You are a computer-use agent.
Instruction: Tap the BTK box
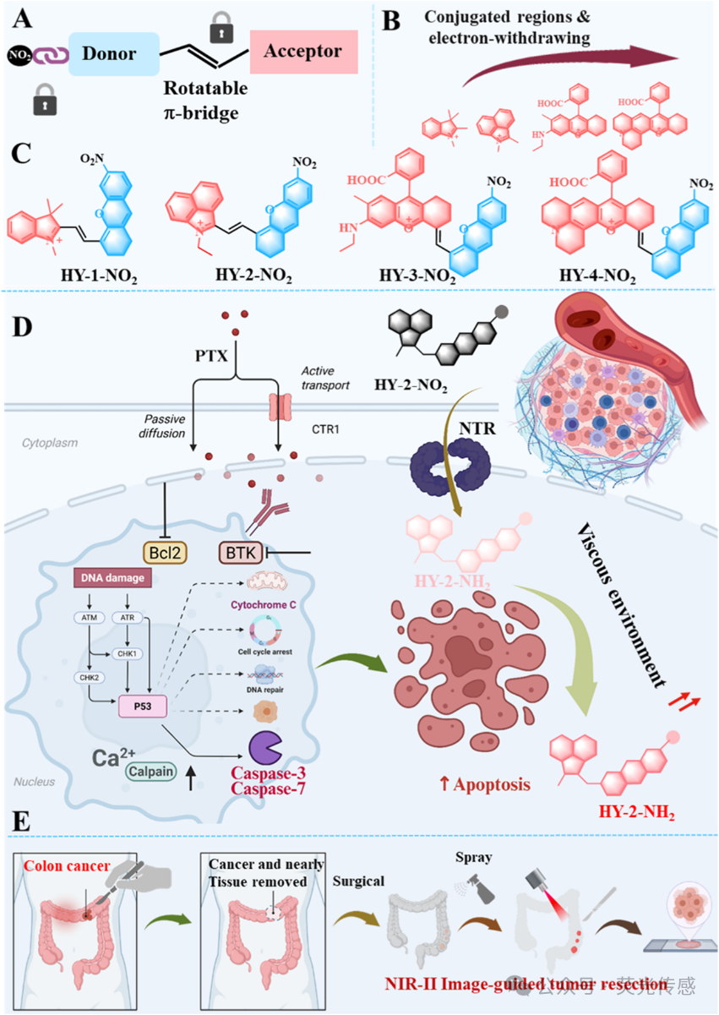coord(240,553)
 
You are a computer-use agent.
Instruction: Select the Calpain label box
coord(153,771)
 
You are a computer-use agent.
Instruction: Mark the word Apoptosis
coord(493,784)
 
